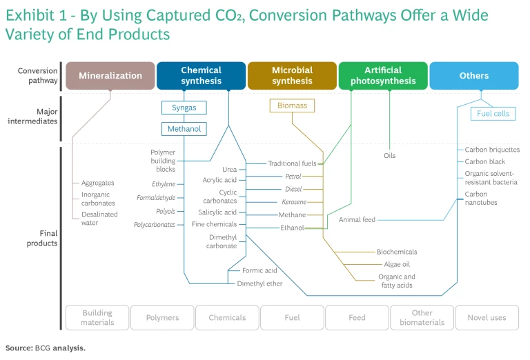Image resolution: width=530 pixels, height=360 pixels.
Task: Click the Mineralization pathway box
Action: pyautogui.click(x=110, y=76)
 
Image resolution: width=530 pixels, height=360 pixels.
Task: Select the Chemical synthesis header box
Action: pyautogui.click(x=201, y=76)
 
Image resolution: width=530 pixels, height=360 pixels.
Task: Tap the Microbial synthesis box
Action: pyautogui.click(x=292, y=76)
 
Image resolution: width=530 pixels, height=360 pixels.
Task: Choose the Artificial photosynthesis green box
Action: pyautogui.click(x=383, y=76)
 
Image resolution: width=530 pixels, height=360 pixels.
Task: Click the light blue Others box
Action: pyautogui.click(x=474, y=76)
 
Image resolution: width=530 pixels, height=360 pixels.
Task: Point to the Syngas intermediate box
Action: pyautogui.click(x=184, y=108)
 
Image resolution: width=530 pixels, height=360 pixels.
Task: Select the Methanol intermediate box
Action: pyautogui.click(x=184, y=129)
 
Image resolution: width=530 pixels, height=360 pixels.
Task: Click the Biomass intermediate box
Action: pyautogui.click(x=292, y=106)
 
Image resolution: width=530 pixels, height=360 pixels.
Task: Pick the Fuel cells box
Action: pyautogui.click(x=493, y=113)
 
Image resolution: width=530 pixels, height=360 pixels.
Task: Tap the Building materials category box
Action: pyautogui.click(x=97, y=317)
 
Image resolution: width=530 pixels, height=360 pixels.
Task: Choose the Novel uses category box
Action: pyautogui.click(x=487, y=317)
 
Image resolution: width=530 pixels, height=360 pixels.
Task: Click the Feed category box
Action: pyautogui.click(x=357, y=317)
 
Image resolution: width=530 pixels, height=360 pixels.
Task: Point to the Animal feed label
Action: pyautogui.click(x=357, y=220)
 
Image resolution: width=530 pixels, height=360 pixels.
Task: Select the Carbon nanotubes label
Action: pyautogui.click(x=481, y=198)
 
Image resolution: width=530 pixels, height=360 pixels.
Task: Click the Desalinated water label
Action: pyautogui.click(x=99, y=219)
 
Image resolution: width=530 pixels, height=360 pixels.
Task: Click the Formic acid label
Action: pyautogui.click(x=259, y=270)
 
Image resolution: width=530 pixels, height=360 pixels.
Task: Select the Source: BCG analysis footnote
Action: pyautogui.click(x=46, y=348)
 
